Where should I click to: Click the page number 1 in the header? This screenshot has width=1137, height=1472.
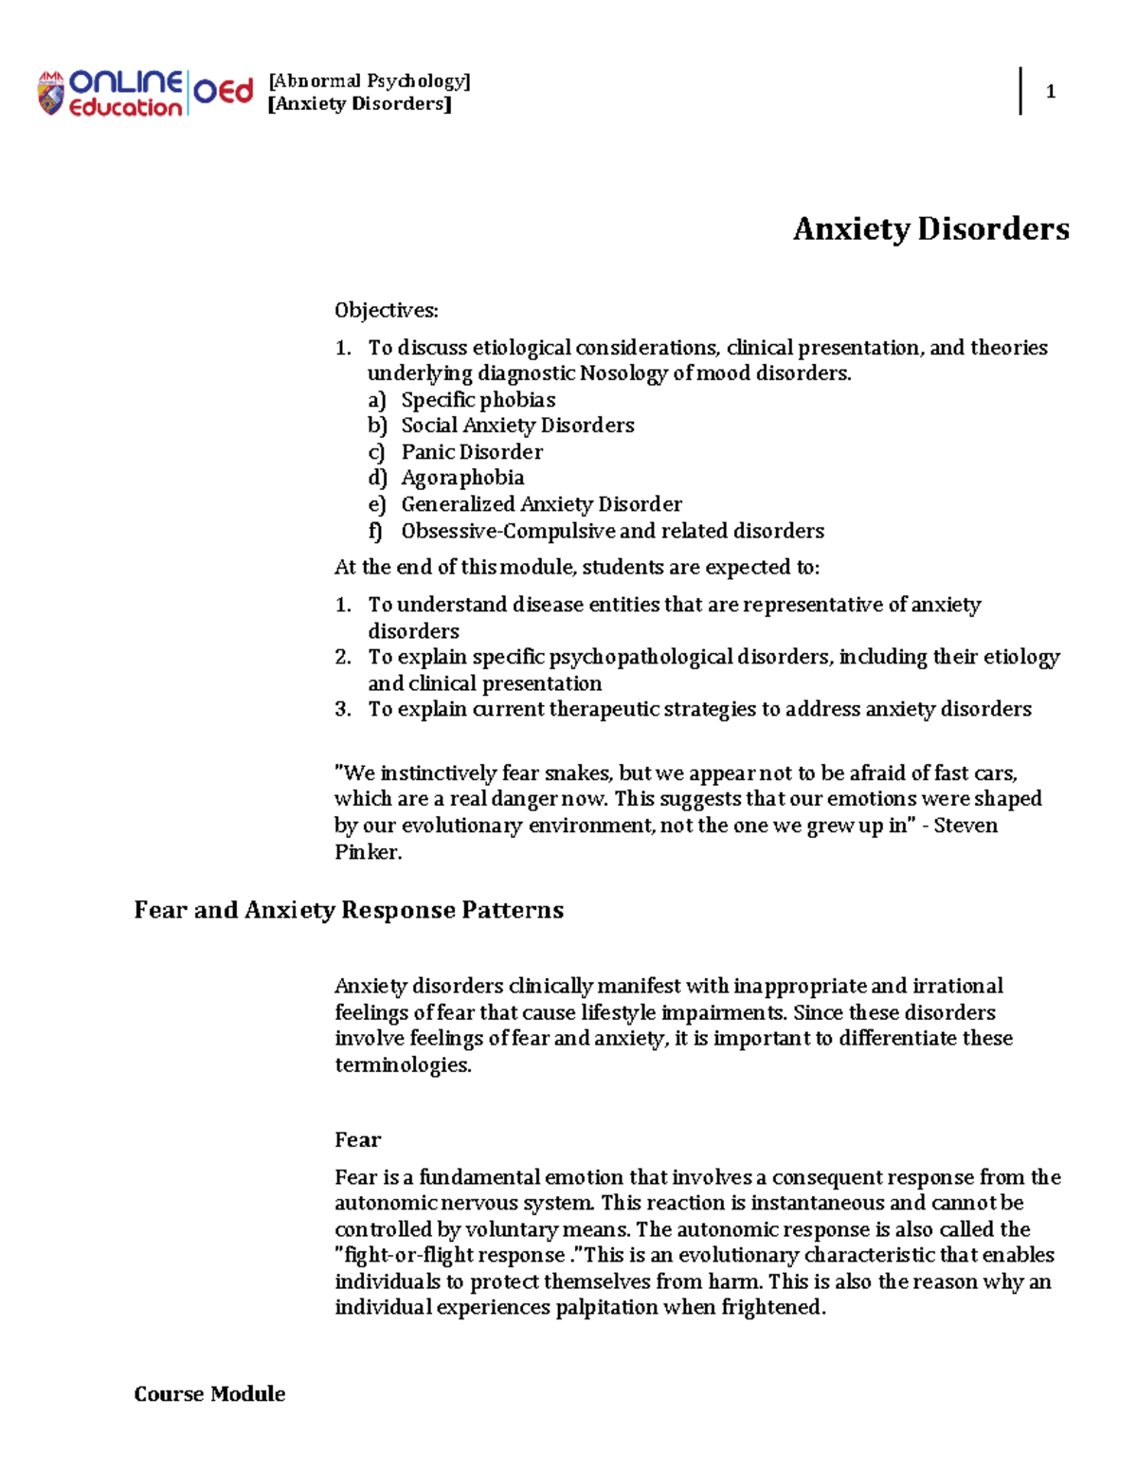[1050, 92]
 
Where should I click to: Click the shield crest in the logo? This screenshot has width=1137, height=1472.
[50, 94]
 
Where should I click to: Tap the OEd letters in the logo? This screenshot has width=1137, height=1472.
[224, 92]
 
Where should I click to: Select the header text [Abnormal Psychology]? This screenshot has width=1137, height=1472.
[370, 82]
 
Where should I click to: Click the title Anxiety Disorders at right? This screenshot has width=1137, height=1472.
[930, 229]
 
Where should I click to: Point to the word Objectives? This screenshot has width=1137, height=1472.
[386, 310]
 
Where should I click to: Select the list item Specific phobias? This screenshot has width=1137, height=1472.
[478, 400]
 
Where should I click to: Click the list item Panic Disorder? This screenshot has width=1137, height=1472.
[472, 452]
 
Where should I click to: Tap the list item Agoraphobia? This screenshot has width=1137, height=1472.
[462, 478]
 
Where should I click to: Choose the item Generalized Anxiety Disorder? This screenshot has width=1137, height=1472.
[541, 504]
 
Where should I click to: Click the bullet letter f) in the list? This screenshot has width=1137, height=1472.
[376, 531]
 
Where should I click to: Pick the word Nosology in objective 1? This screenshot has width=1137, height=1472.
[623, 373]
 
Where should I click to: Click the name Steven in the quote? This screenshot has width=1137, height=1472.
[966, 826]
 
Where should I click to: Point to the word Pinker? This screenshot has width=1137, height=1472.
[368, 852]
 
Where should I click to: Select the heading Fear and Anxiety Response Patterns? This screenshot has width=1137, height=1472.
[349, 911]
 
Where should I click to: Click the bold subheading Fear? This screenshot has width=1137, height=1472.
[357, 1139]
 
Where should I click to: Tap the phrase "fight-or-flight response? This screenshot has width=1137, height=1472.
[451, 1255]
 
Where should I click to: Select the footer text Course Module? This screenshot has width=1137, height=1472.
[209, 1393]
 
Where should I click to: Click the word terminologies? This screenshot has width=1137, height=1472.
[403, 1064]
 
